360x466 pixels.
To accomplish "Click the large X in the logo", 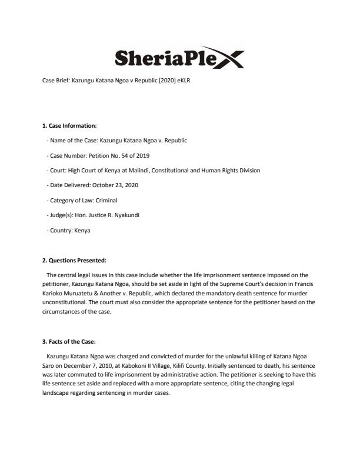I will click(x=228, y=59).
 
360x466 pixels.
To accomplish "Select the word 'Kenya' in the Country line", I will click(x=83, y=231).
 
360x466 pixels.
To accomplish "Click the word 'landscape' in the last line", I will click(x=57, y=392).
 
